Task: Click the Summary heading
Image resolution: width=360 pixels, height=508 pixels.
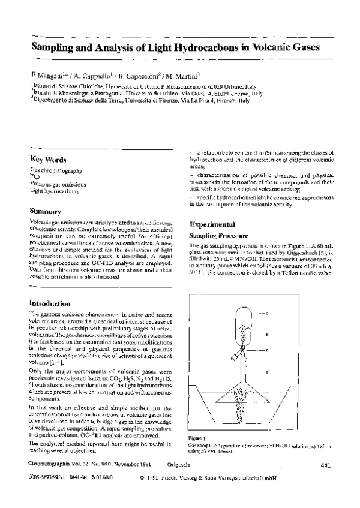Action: [45, 211]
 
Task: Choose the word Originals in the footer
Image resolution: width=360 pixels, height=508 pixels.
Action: [180, 464]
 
